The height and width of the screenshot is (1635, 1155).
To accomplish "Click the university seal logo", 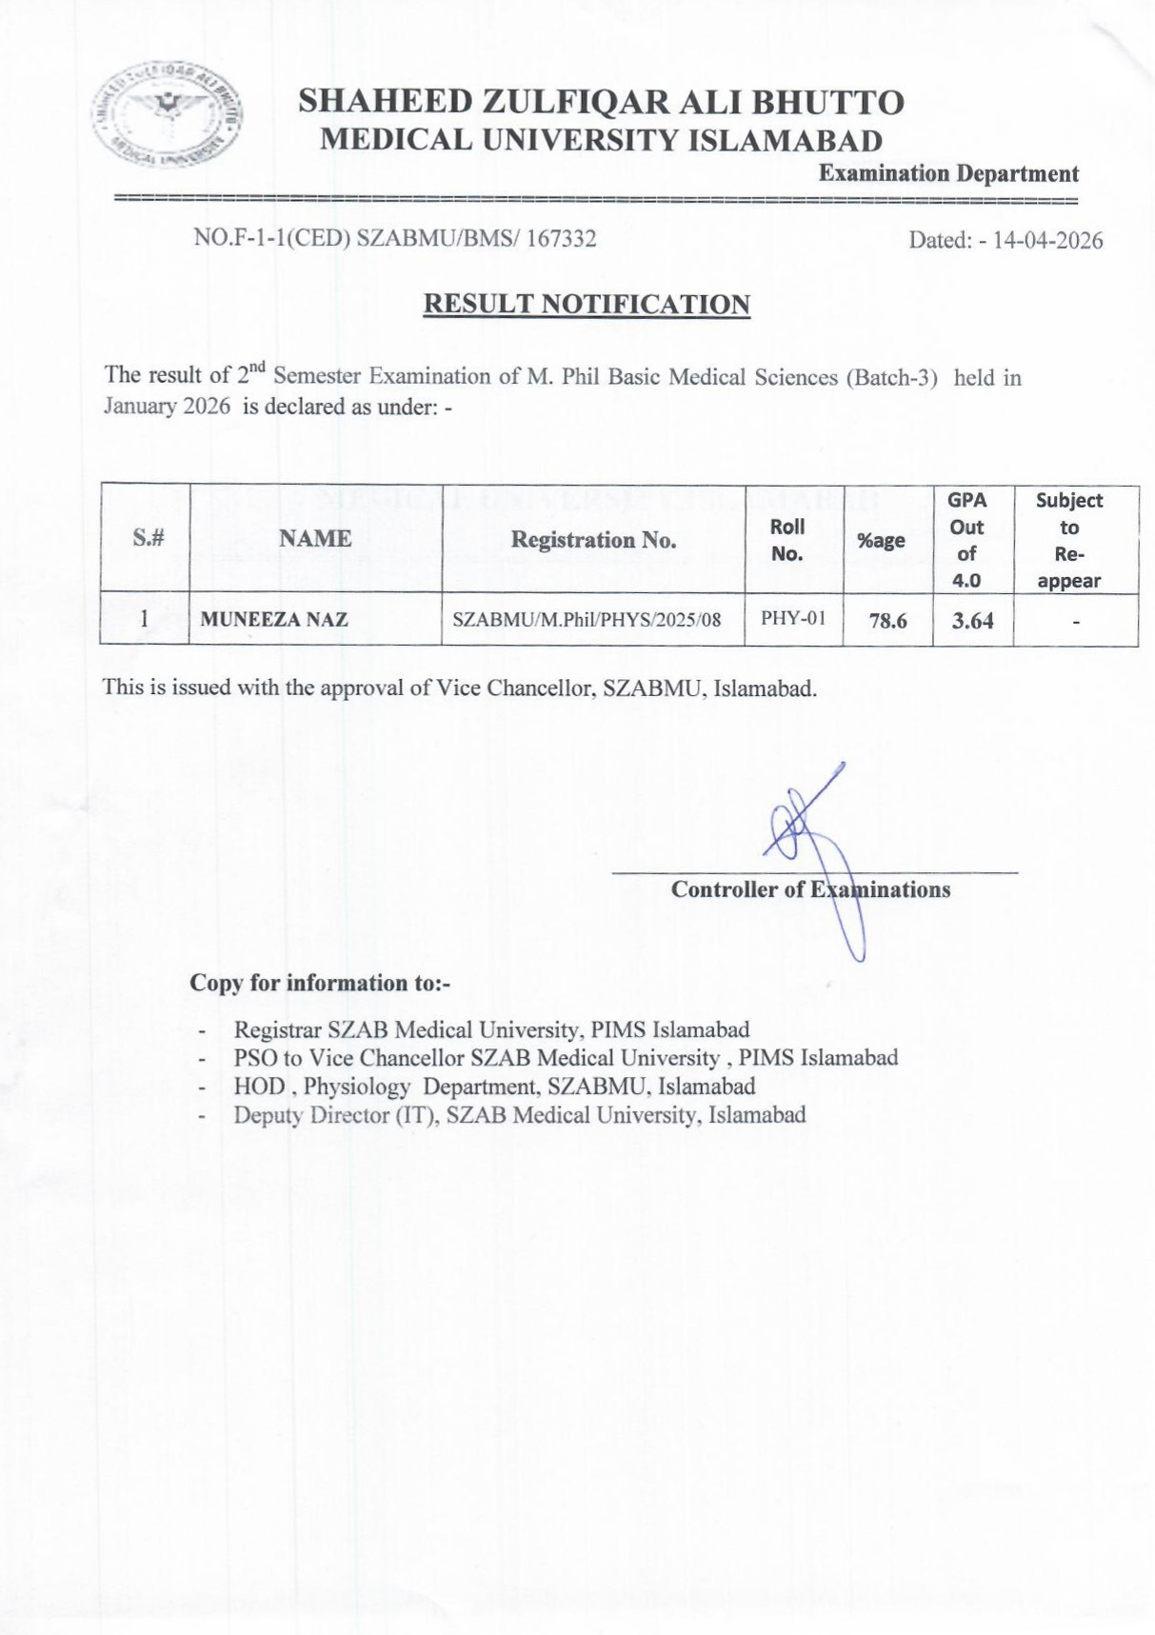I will [x=168, y=115].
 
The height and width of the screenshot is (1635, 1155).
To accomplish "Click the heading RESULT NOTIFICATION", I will [x=587, y=305].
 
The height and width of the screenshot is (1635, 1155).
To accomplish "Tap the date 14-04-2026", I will [x=1047, y=240].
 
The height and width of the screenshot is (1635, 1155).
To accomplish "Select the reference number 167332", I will [x=561, y=238].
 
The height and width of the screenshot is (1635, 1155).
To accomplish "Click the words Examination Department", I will [x=948, y=173].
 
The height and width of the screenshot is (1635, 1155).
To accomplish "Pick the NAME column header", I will [x=315, y=539].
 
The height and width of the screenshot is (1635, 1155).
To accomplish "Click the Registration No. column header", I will [x=593, y=540].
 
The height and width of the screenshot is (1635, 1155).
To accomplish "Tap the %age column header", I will [x=881, y=541].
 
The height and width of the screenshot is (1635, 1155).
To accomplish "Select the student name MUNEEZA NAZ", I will [x=274, y=620].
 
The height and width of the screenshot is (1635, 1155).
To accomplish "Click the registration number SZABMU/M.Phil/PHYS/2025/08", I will [x=587, y=620].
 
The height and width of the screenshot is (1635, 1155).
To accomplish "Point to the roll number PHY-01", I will [x=793, y=618].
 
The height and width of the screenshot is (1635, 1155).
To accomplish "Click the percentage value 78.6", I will [x=887, y=621].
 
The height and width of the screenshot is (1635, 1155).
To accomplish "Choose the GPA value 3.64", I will [x=972, y=621].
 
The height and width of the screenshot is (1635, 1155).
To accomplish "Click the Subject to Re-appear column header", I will [x=1069, y=540].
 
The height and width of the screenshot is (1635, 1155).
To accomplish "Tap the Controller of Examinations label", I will [x=810, y=889].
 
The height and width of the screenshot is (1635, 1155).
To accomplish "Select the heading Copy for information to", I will [x=320, y=983].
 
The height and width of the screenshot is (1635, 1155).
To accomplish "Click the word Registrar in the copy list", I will [x=277, y=1029].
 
